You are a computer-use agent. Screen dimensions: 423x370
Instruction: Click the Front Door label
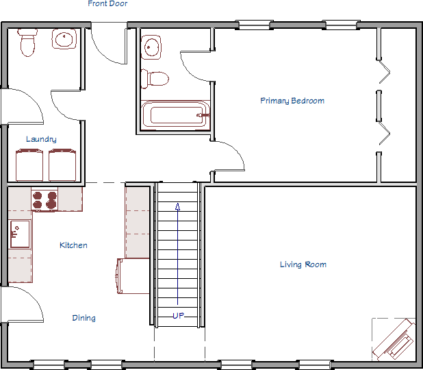(107, 3)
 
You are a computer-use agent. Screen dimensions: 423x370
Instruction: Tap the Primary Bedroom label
(292, 101)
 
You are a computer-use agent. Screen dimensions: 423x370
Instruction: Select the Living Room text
(303, 264)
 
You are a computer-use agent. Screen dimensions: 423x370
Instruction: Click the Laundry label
(41, 139)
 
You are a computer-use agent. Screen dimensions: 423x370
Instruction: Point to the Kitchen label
(73, 245)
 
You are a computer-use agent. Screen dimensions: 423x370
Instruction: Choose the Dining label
(84, 318)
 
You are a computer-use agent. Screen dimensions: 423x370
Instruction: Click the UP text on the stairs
(179, 315)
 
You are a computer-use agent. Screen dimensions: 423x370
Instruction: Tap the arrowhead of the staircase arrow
(177, 207)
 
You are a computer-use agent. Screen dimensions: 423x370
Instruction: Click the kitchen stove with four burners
(44, 200)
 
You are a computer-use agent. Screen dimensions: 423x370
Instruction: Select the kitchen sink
(20, 234)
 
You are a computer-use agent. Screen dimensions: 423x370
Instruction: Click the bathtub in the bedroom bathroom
(175, 115)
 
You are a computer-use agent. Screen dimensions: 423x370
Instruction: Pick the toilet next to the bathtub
(155, 79)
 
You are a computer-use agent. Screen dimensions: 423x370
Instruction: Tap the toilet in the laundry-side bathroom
(27, 42)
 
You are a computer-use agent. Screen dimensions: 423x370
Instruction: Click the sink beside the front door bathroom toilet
(64, 39)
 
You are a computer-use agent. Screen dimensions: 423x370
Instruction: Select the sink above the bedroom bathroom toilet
(151, 47)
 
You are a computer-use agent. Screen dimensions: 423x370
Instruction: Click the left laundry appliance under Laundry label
(29, 164)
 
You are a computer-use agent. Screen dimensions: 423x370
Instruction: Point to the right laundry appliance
(62, 164)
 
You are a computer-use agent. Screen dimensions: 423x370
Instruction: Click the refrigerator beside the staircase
(133, 275)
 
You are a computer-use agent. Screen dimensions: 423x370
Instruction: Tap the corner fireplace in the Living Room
(394, 339)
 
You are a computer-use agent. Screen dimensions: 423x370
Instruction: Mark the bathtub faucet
(203, 115)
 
